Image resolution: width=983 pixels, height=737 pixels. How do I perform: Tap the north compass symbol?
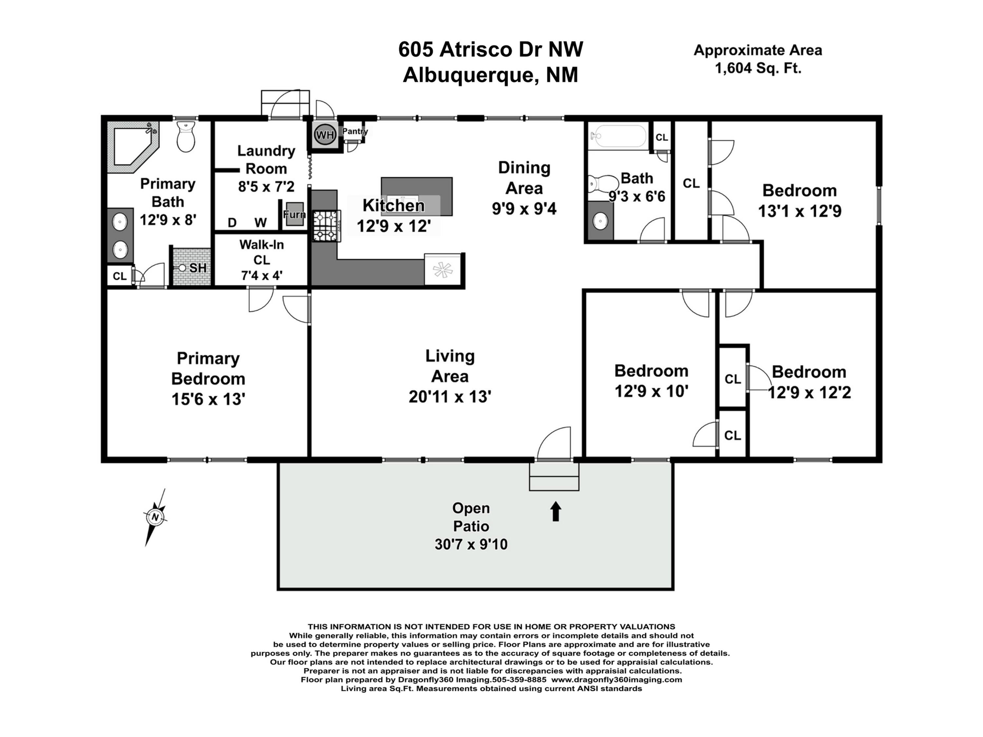point(155,517)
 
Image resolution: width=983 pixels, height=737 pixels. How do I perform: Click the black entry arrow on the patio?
point(555,511)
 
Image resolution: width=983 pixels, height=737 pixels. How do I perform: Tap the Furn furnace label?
point(295,215)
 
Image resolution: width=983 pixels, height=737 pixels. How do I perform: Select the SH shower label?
point(198,268)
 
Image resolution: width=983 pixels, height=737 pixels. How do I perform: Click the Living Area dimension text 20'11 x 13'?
point(450,396)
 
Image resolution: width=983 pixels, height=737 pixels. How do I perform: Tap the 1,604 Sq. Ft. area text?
point(758,68)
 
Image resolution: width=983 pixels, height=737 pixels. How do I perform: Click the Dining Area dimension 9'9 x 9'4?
point(524,208)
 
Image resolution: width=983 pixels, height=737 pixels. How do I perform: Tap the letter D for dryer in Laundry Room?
point(232,222)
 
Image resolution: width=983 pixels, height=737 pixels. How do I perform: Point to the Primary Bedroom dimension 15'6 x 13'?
point(208,399)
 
